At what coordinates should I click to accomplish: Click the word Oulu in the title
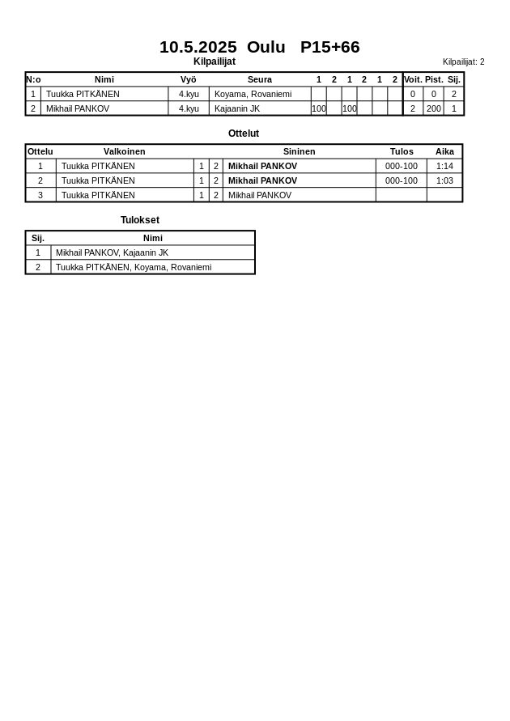tap(266, 47)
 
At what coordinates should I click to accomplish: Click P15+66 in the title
tap(329, 47)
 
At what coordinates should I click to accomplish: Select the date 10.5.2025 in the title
tap(198, 47)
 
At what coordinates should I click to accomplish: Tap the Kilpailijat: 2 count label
tap(463, 61)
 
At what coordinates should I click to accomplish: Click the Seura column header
tap(259, 79)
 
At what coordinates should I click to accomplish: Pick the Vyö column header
tap(188, 79)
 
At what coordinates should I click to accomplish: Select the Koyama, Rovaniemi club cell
tap(253, 94)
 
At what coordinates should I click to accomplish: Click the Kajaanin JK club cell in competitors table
tap(237, 108)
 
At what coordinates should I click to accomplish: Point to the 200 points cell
tap(434, 108)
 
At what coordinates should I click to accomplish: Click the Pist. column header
tap(434, 79)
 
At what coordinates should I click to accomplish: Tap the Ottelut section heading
tap(244, 134)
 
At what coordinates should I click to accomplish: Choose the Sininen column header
tap(299, 151)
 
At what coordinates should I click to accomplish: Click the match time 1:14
tap(444, 166)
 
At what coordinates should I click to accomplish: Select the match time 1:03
tap(444, 180)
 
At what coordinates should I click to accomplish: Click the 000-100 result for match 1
tap(402, 166)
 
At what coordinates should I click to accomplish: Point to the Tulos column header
tap(402, 151)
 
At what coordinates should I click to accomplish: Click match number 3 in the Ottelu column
tap(40, 195)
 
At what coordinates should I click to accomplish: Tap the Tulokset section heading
tap(140, 220)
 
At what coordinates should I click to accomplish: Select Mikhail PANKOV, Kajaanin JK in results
tap(112, 252)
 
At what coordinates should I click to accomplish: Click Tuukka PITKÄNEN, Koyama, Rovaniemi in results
tap(134, 267)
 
